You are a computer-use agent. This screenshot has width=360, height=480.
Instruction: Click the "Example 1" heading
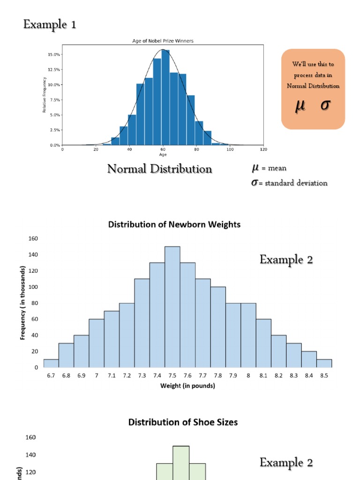(50, 24)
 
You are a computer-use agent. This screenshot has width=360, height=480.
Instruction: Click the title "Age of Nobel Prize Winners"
(163, 41)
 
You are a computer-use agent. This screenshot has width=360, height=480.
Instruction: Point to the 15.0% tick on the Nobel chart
(53, 54)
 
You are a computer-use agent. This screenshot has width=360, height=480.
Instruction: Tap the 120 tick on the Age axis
(263, 150)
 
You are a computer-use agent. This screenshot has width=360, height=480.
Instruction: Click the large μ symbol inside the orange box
(300, 106)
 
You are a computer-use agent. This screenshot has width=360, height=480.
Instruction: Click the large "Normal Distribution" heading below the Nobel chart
(159, 169)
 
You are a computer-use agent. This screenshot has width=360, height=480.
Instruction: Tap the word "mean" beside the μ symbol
(277, 168)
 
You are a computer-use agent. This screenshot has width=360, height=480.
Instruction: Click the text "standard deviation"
(296, 183)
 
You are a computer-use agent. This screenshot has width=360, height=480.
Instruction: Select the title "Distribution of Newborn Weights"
(174, 225)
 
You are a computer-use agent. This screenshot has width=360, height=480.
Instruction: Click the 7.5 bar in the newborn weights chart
(172, 307)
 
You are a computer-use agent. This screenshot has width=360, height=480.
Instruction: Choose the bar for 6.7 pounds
(51, 363)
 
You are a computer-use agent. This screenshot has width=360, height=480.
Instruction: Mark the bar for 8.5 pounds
(324, 363)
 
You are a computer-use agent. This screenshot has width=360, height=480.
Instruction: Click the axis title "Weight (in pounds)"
(187, 386)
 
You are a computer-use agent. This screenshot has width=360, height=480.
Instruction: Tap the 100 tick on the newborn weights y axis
(33, 287)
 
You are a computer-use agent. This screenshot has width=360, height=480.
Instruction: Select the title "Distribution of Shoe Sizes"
(183, 422)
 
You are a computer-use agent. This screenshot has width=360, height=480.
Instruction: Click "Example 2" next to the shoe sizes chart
(286, 463)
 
